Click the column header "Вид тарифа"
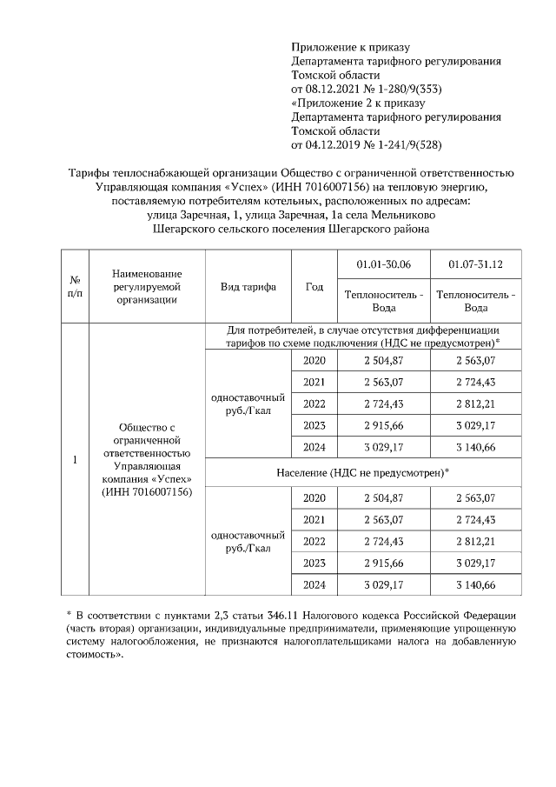(248, 287)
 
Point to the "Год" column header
(314, 287)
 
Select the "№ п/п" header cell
(75, 287)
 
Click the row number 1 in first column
(75, 459)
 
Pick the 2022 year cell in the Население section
(314, 541)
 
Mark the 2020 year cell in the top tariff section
(314, 361)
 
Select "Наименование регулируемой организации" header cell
(146, 287)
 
